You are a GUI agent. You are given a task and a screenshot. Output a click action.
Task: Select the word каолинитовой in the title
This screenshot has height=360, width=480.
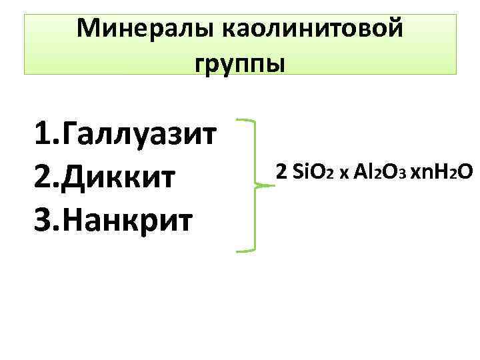click(312, 29)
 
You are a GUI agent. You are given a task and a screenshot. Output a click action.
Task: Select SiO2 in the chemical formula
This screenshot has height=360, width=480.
click(311, 172)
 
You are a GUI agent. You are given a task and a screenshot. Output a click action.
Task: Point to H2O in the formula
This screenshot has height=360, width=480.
click(451, 172)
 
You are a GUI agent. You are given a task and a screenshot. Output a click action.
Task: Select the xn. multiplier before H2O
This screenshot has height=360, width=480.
click(421, 173)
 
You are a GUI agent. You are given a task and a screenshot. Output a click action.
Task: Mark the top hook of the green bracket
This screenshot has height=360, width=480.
click(245, 122)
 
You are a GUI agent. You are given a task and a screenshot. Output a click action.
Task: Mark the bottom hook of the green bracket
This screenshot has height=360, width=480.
click(245, 251)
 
